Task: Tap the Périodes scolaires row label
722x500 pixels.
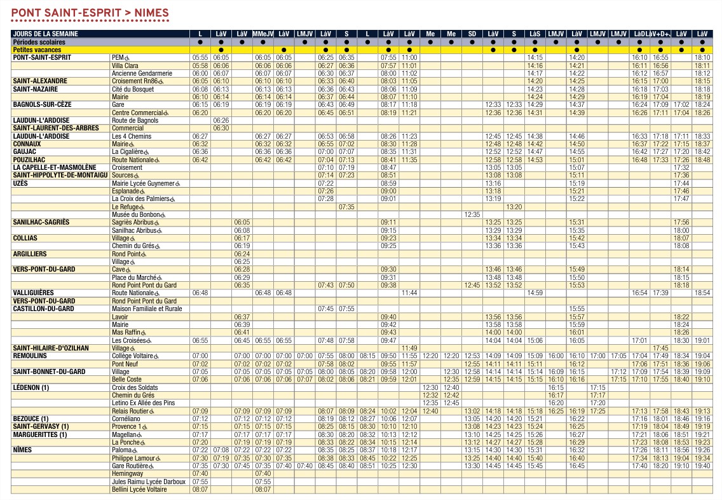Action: (39, 41)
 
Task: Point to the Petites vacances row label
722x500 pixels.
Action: (37, 49)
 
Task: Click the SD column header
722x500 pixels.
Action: (472, 34)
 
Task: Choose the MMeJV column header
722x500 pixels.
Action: (262, 34)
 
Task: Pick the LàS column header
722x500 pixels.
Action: (535, 34)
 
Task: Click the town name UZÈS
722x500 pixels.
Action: (21, 183)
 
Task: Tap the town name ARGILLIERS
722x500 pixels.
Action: (30, 254)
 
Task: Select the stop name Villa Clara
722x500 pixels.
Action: (125, 66)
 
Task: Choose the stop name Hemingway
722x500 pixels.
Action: (128, 474)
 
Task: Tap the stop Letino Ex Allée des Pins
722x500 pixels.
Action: (142, 403)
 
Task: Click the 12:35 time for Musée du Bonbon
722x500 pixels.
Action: (472, 215)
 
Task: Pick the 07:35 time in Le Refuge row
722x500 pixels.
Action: (346, 207)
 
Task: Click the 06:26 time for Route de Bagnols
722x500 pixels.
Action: (221, 120)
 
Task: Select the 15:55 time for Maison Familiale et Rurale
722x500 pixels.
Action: (576, 309)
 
